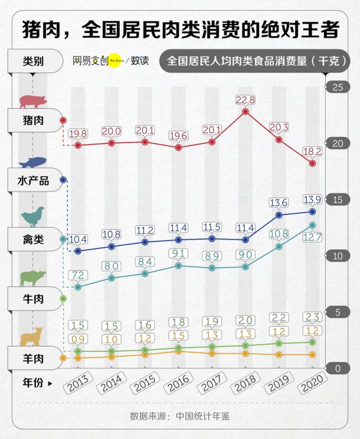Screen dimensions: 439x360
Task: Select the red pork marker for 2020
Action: pyautogui.click(x=313, y=163)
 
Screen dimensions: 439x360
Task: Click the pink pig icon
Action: pyautogui.click(x=33, y=100)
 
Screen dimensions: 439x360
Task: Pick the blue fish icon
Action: pyautogui.click(x=32, y=162)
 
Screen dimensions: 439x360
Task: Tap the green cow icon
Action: pyautogui.click(x=33, y=278)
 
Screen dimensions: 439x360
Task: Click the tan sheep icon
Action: pyautogui.click(x=32, y=337)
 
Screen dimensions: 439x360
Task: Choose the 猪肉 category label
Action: pyautogui.click(x=33, y=120)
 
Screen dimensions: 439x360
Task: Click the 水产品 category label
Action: pyautogui.click(x=33, y=180)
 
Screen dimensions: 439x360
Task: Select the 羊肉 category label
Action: pyautogui.click(x=33, y=359)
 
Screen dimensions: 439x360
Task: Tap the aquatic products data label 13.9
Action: pyautogui.click(x=312, y=199)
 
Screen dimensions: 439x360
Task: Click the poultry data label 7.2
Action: pyautogui.click(x=78, y=275)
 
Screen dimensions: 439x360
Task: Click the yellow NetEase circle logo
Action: pyautogui.click(x=115, y=61)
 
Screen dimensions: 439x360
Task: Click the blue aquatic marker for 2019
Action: pyautogui.click(x=279, y=214)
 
